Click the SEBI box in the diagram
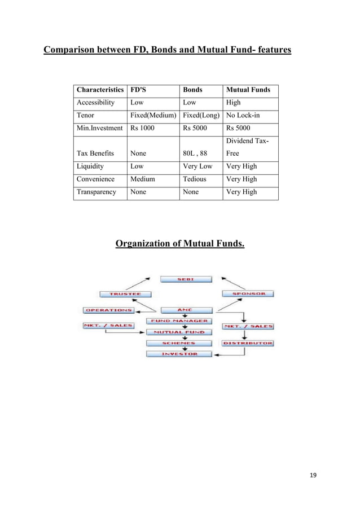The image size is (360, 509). coord(186,279)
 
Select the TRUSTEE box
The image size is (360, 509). coord(121,294)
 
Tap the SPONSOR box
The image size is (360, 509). coord(248,294)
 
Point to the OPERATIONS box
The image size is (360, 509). coord(108,310)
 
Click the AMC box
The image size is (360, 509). coord(186,310)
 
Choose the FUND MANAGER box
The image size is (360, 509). coord(179,321)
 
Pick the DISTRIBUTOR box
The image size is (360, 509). coord(248,343)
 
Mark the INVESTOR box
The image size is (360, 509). coord(179,354)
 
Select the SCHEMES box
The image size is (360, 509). coord(179,343)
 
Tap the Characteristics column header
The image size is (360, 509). coord(100,90)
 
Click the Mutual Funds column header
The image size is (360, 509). coord(248,90)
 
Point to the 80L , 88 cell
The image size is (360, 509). coord(195,153)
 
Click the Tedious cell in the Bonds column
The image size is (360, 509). coord(195,179)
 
